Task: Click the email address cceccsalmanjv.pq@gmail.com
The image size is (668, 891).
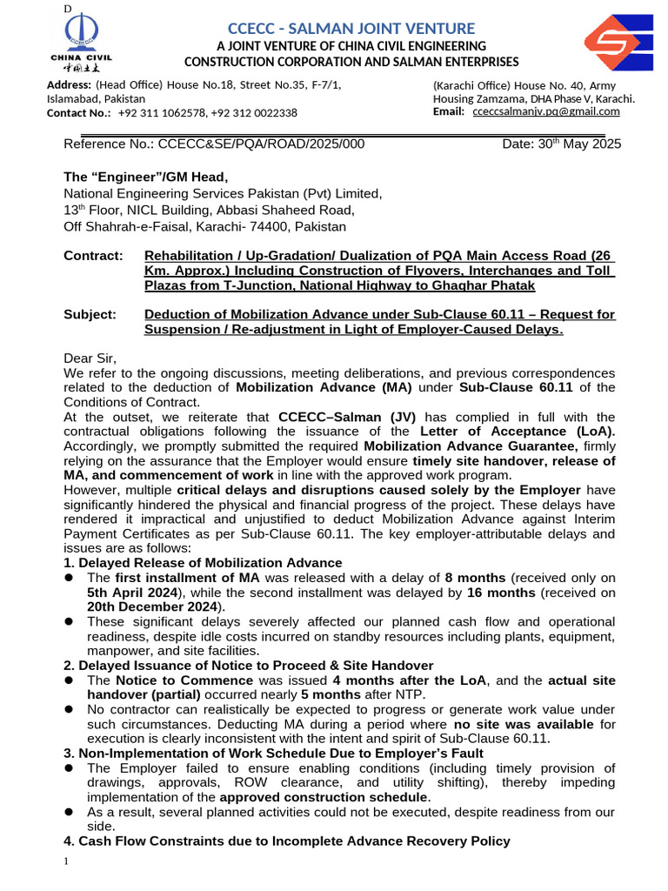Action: coord(545,111)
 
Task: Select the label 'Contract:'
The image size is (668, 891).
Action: coord(92,256)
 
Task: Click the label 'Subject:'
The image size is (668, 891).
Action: coord(90,315)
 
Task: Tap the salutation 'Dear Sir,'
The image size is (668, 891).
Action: coord(90,358)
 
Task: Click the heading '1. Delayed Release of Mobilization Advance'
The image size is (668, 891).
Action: coord(203,563)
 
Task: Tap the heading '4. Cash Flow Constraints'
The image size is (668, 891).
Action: coord(287,841)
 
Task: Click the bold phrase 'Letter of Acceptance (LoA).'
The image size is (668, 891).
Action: coord(517,432)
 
